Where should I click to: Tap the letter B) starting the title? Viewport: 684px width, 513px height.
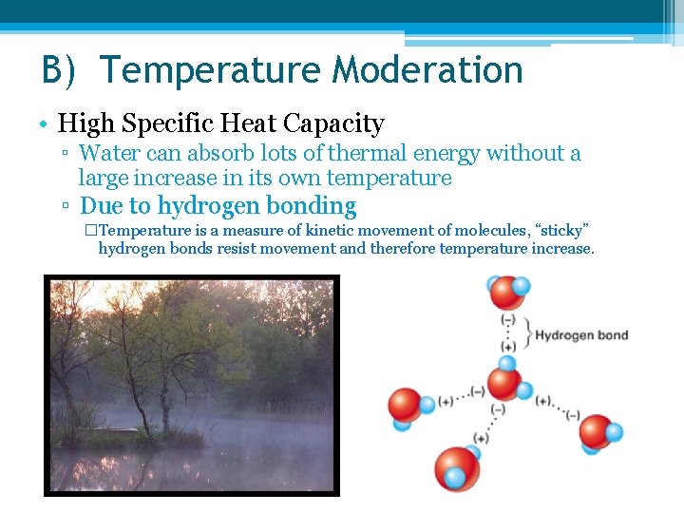tap(64, 71)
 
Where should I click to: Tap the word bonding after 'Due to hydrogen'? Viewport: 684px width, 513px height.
tap(312, 206)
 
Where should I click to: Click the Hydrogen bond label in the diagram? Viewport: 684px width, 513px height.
tap(581, 335)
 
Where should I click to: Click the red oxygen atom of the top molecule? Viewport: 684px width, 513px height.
tap(505, 293)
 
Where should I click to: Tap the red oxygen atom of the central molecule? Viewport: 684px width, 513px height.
tap(503, 382)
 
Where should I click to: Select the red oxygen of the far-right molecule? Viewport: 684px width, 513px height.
tap(596, 432)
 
